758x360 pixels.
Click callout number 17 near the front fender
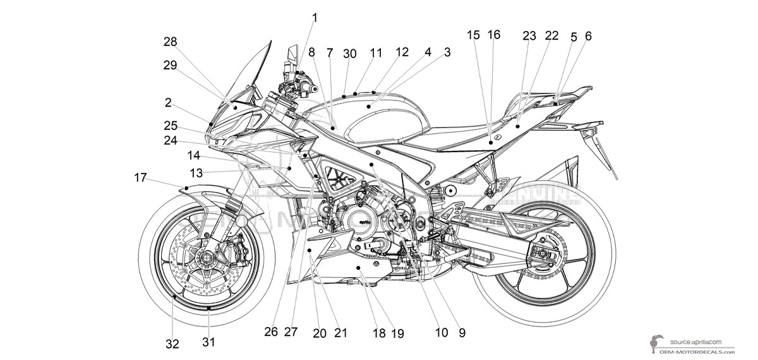tap(141, 178)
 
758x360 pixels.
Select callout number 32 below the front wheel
tap(172, 344)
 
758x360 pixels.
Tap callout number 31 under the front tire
tap(208, 342)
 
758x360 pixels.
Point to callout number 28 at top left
tap(171, 41)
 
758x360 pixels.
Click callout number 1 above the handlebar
tap(314, 18)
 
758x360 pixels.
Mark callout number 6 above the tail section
tap(588, 37)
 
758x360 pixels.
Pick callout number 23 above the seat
tap(529, 36)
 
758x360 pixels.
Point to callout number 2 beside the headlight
tap(168, 102)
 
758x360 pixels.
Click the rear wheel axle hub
tap(542, 256)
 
